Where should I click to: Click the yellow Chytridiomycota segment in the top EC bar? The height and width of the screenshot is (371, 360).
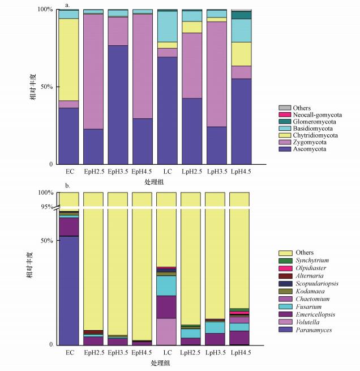(x=68, y=59)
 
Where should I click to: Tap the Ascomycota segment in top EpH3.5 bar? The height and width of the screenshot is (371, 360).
(x=118, y=105)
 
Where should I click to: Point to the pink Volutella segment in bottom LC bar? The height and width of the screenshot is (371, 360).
(x=167, y=331)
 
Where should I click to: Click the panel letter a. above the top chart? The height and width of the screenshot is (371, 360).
(x=67, y=5)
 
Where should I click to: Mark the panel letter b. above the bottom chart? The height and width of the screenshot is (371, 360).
(x=68, y=186)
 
